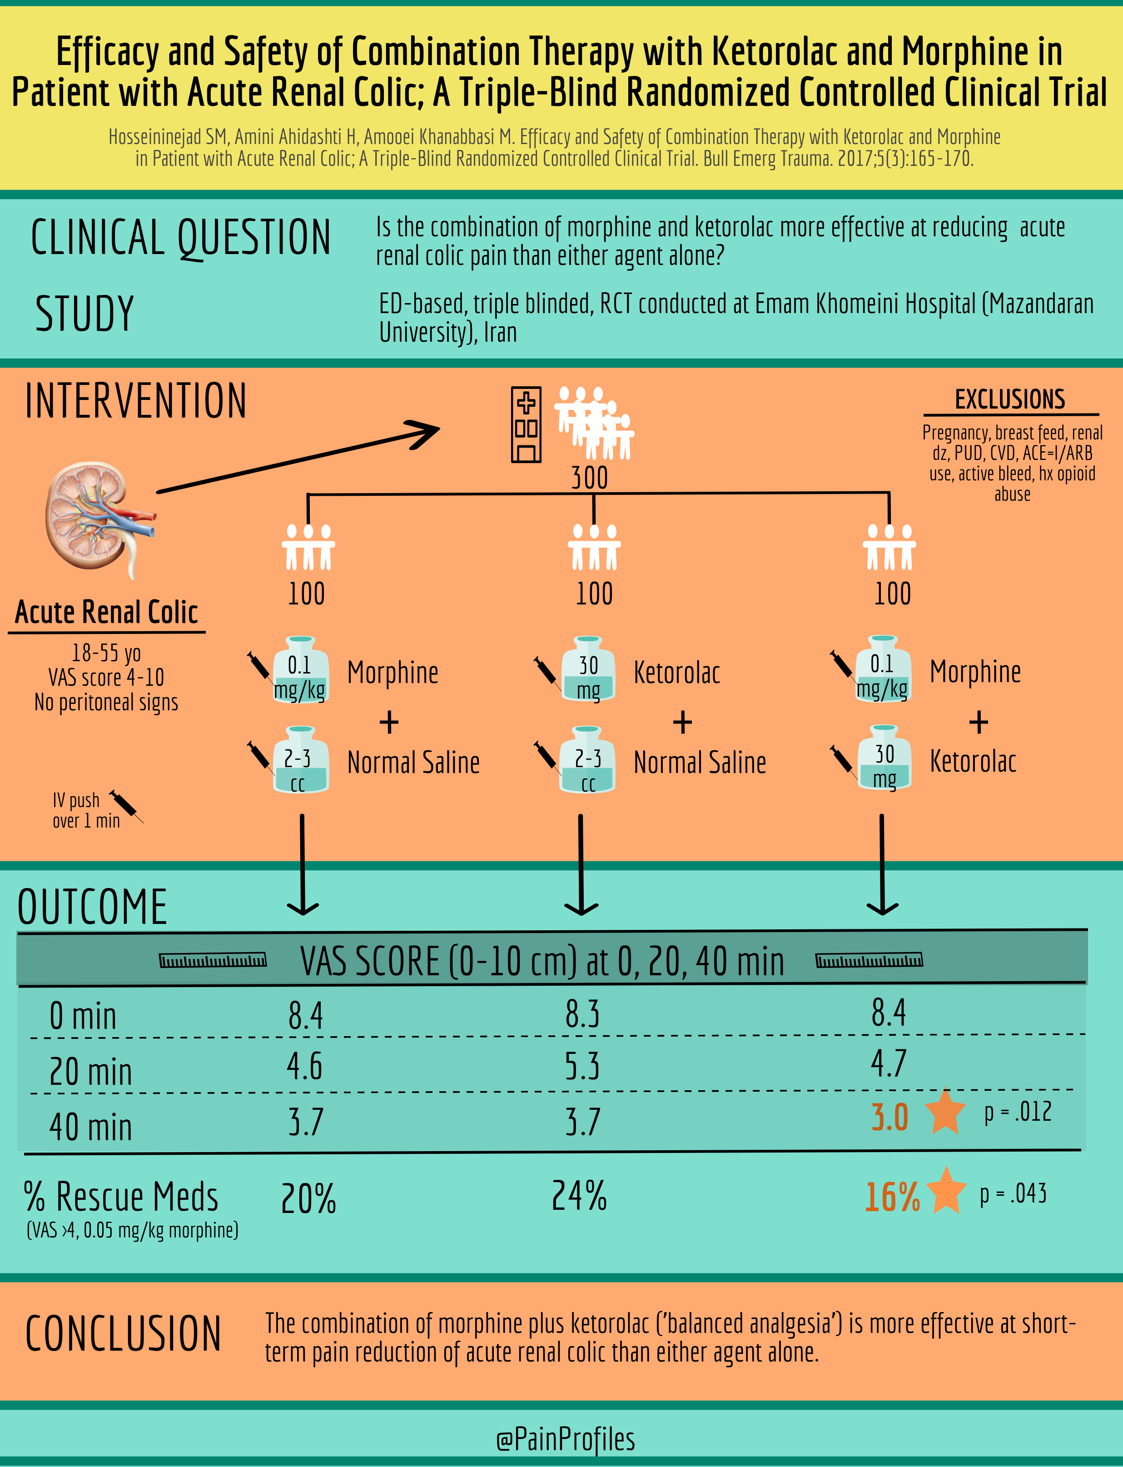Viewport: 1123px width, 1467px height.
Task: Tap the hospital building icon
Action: [x=526, y=424]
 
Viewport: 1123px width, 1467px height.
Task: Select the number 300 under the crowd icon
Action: [x=590, y=478]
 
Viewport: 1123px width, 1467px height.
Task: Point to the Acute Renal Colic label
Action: [x=106, y=612]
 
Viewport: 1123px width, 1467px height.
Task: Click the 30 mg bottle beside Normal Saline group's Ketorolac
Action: [x=587, y=669]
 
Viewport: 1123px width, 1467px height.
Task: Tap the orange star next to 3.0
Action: [x=945, y=1111]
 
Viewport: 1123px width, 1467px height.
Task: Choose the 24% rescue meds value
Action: [x=579, y=1196]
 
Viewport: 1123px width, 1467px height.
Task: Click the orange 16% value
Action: [x=892, y=1197]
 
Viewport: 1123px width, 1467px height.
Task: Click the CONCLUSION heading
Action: [x=123, y=1333]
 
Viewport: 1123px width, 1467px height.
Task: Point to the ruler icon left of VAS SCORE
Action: [x=213, y=960]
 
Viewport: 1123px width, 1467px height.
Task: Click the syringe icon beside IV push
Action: [x=126, y=806]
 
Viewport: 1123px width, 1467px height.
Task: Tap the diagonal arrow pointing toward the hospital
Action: [x=298, y=458]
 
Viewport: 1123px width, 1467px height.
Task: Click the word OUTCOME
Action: [x=92, y=908]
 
